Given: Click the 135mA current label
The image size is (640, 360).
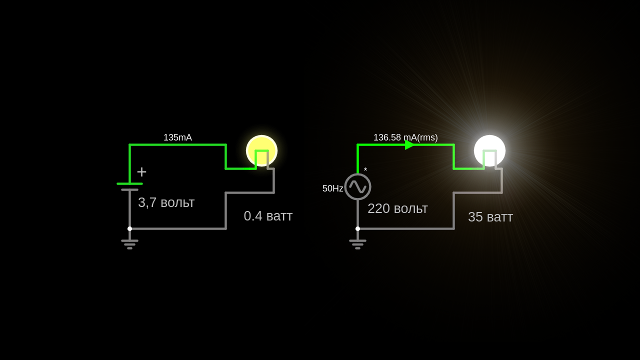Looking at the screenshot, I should tap(177, 137).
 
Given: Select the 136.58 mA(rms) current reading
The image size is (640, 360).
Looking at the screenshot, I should tap(405, 137).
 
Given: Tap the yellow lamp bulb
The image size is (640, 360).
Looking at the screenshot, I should tap(261, 150).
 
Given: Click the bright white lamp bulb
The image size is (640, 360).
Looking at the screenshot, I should tap(489, 150).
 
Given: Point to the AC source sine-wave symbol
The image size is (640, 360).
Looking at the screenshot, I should tap(357, 186).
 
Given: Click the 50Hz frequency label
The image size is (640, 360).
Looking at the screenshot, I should tap(332, 188).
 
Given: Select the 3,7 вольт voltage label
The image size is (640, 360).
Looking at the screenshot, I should tap(166, 202).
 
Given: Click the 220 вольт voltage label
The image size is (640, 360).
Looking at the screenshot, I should tap(397, 208).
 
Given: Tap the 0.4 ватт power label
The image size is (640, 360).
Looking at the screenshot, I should tap(268, 216).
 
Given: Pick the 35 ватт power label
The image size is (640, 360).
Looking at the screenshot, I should tap(490, 217).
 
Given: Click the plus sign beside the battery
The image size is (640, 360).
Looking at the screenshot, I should tap(141, 172).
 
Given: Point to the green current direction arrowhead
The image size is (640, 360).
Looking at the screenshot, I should tap(409, 144).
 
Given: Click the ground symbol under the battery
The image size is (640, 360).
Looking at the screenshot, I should tap(129, 244).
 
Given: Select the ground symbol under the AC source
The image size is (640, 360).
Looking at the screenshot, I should tap(357, 244).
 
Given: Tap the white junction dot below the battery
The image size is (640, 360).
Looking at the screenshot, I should tap(129, 228).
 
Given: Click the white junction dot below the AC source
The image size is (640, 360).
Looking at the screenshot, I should tap(357, 228).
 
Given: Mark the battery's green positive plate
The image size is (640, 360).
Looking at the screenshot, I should tap(129, 183).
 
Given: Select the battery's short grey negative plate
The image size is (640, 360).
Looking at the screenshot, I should tap(129, 190).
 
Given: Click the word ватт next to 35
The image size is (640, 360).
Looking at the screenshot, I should tap(499, 217).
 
